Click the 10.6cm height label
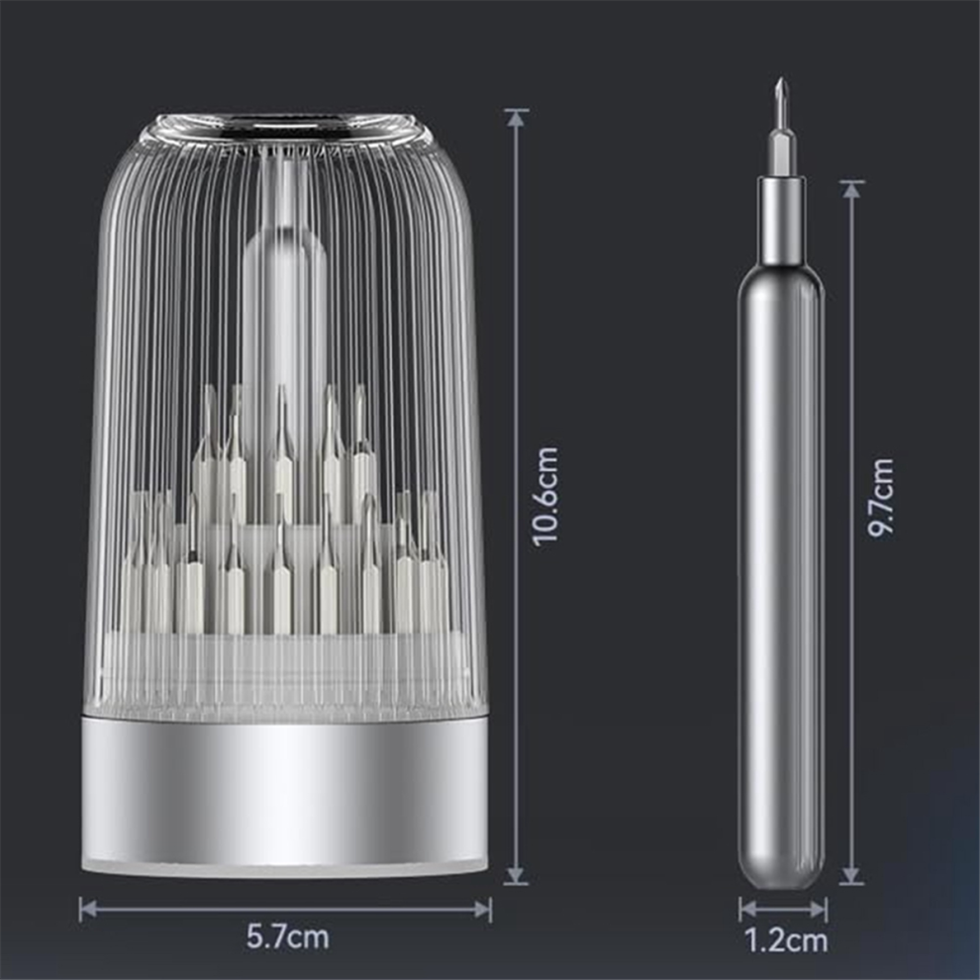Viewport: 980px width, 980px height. (x=545, y=497)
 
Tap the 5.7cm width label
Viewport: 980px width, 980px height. (x=287, y=936)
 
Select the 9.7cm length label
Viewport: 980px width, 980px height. (x=881, y=498)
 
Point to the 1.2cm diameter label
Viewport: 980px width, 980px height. (x=786, y=940)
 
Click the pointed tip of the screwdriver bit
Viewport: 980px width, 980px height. (x=781, y=80)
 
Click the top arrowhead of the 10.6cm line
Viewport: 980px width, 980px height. (x=516, y=118)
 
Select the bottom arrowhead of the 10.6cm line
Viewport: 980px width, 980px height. (x=516, y=875)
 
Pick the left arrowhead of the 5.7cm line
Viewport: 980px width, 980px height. (x=89, y=910)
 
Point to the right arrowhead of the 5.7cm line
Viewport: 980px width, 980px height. (x=482, y=910)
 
